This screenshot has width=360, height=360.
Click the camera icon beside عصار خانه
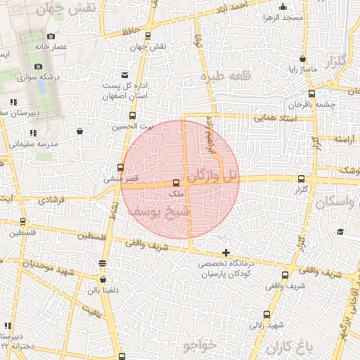pyautogui.click(x=51, y=36)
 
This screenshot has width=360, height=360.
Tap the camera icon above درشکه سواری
pyautogui.click(x=38, y=67)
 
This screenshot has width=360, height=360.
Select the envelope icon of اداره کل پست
pyautogui.click(x=124, y=75)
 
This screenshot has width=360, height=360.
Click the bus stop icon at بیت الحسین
pyautogui.click(x=132, y=115)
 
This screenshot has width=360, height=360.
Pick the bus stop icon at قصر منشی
pyautogui.click(x=120, y=168)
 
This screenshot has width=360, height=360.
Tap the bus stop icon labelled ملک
pyautogui.click(x=176, y=184)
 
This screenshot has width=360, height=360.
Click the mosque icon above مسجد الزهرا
pyautogui.click(x=281, y=6)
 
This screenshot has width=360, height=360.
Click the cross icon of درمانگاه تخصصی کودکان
pyautogui.click(x=226, y=252)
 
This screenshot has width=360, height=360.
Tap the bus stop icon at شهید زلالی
pyautogui.click(x=266, y=314)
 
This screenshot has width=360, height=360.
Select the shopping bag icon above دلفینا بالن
pyautogui.click(x=103, y=263)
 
